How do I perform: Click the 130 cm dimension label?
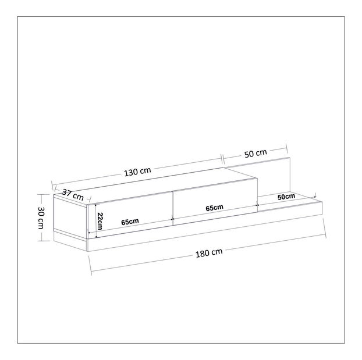pos(137,172)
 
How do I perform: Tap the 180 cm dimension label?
pos(209,253)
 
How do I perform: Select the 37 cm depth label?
pos(73,195)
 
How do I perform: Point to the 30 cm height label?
pos(41,218)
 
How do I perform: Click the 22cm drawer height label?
pos(100,221)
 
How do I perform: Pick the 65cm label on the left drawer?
pos(130,222)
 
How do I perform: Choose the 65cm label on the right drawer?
pos(215,208)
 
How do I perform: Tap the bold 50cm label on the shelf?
pos(286,197)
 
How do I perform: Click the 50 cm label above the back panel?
pos(255,154)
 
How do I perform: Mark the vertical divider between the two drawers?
pos(173,208)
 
